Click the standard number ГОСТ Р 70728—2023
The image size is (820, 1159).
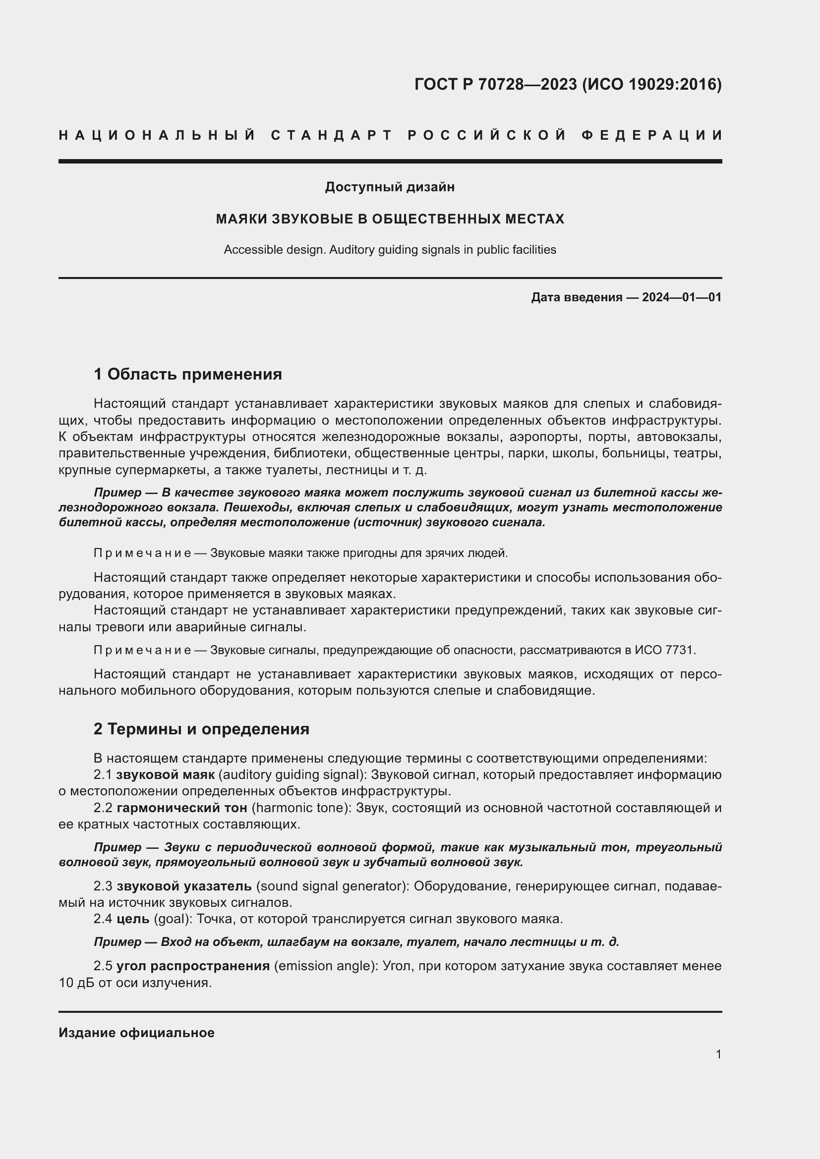point(495,84)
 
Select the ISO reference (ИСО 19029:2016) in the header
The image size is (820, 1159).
point(652,84)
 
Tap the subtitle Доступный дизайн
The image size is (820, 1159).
point(390,187)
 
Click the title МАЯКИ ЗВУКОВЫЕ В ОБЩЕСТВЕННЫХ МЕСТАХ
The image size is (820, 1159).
point(390,219)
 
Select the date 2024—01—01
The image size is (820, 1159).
point(682,297)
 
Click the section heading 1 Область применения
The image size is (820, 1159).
point(188,374)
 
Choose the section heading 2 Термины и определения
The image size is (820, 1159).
point(201,729)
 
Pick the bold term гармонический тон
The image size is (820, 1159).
point(182,808)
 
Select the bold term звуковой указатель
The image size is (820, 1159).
point(184,886)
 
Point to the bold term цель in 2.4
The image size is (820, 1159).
point(133,919)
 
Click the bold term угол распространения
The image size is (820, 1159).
point(193,966)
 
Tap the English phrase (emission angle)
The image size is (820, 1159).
point(326,966)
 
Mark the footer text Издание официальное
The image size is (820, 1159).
point(136,1033)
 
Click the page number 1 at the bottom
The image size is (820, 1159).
point(718,1054)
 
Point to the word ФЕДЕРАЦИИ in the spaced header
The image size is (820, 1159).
point(651,135)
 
